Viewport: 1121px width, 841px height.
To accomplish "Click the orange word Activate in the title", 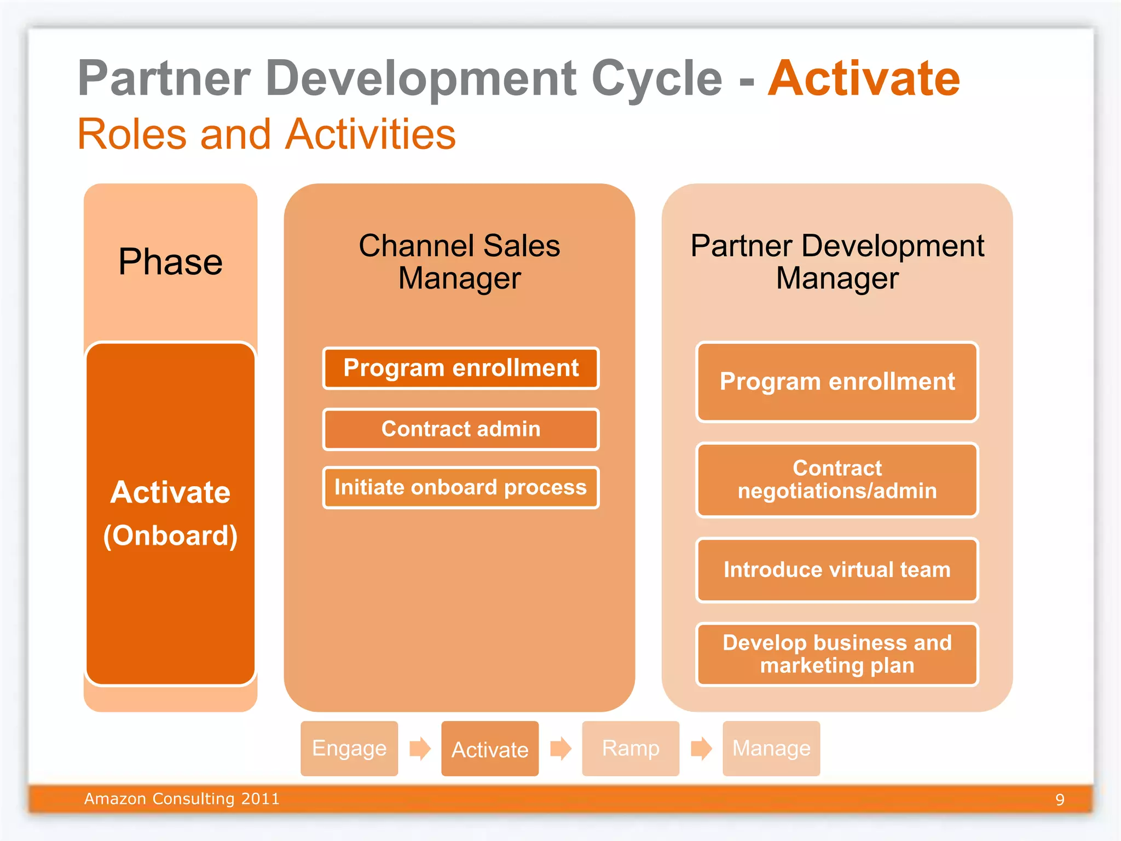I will (x=863, y=79).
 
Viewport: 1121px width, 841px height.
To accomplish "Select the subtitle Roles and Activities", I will (x=267, y=134).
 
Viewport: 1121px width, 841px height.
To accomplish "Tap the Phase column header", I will (x=170, y=262).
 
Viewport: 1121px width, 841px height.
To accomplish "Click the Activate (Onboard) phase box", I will (x=170, y=513).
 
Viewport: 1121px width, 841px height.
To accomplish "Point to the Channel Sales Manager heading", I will (x=459, y=262).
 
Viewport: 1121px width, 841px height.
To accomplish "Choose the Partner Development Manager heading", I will (x=837, y=262).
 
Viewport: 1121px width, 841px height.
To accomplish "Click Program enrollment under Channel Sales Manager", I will (x=461, y=368).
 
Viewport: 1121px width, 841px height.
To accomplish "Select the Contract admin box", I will (x=461, y=429).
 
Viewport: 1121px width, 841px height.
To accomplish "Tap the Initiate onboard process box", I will (x=461, y=487).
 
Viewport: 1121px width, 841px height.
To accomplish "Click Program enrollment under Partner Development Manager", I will (x=837, y=382).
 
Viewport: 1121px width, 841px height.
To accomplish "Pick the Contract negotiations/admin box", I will (x=837, y=480).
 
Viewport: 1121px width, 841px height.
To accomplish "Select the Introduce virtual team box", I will (x=837, y=570).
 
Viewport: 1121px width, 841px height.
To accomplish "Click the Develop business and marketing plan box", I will (x=837, y=654).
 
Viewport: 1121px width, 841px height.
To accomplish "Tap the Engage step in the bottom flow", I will (x=349, y=748).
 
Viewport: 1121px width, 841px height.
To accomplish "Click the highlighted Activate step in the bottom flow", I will (x=490, y=748).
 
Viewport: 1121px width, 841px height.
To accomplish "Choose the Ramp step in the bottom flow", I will (x=631, y=748).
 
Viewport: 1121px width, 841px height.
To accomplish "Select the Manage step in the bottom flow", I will (x=771, y=748).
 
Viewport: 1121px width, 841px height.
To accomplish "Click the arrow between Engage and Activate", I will (x=420, y=748).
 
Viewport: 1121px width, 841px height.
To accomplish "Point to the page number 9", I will (x=1060, y=799).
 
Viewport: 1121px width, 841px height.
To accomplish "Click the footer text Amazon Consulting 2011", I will (x=182, y=799).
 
